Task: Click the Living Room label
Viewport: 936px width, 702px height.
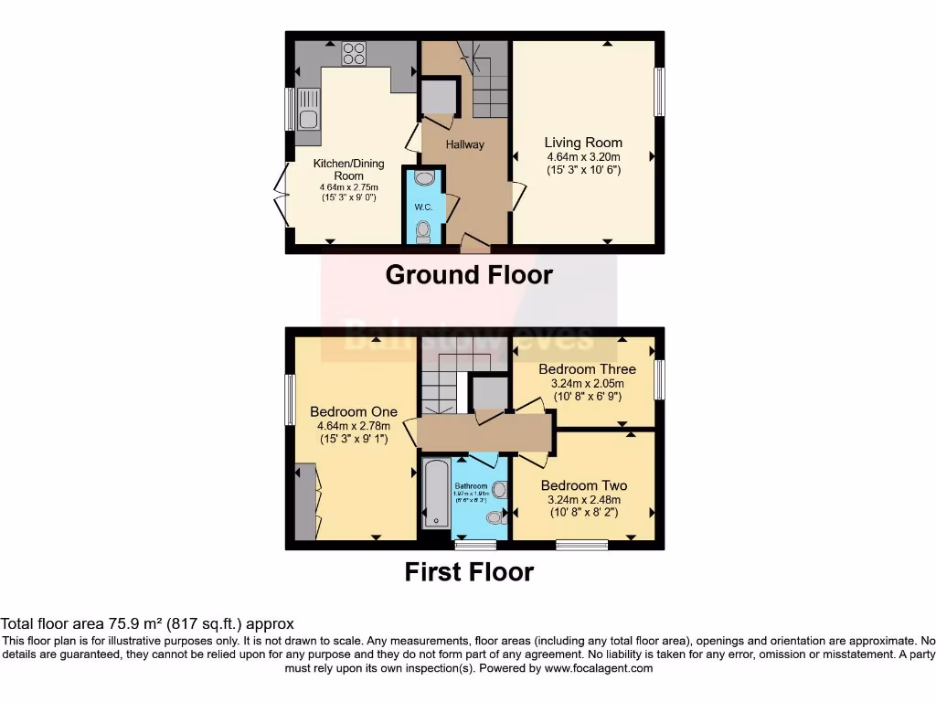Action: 583,143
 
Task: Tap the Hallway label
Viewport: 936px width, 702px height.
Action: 465,144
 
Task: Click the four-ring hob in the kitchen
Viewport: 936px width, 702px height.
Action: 354,54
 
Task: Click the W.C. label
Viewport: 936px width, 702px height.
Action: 423,207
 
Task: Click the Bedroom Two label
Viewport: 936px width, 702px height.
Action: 583,485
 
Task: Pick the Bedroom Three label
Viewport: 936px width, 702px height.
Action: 587,369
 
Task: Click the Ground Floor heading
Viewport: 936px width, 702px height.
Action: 469,274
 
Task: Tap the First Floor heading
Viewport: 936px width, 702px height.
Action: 469,572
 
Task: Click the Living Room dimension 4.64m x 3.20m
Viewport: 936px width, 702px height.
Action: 583,156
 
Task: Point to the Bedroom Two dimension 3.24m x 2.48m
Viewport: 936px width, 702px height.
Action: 583,500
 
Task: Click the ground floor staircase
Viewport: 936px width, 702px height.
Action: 489,82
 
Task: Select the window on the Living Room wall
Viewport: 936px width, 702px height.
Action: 658,92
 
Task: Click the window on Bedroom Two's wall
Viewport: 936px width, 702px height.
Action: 582,546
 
